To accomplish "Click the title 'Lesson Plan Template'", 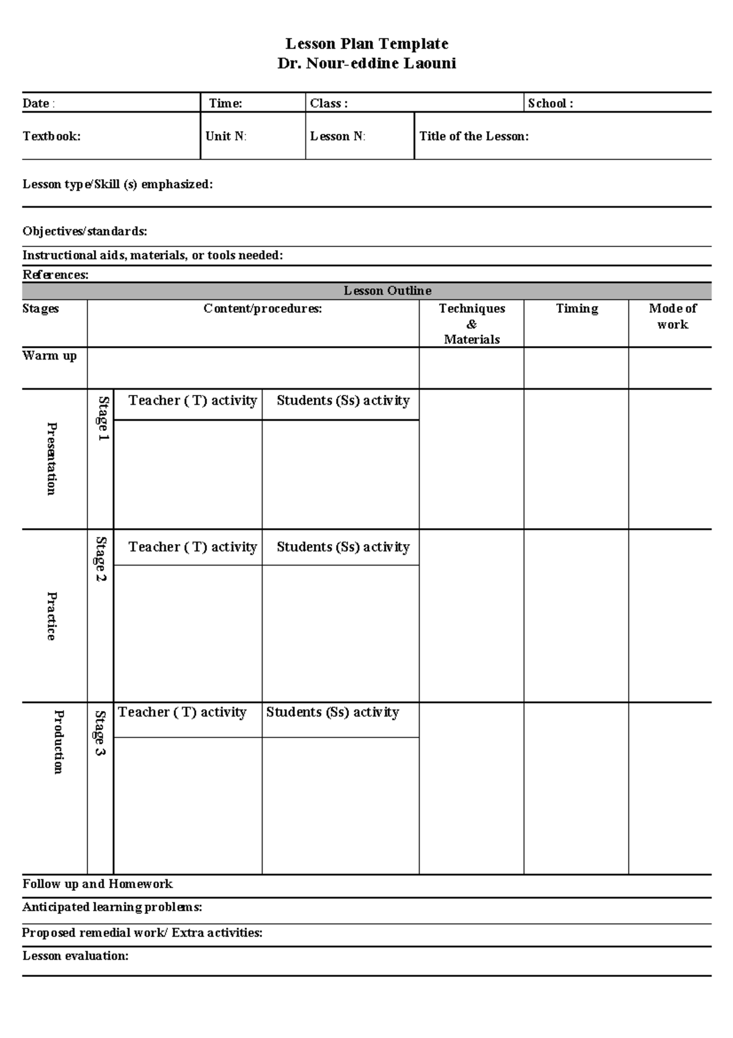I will point(366,44).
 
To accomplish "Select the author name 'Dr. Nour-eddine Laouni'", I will point(366,64).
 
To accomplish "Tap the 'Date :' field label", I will point(38,103).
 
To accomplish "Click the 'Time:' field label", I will point(225,103).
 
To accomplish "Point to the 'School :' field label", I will point(550,103).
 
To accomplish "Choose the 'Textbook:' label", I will point(51,136).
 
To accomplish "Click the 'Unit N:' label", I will point(226,136).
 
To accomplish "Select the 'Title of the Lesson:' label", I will point(473,136).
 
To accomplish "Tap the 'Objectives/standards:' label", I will point(84,231).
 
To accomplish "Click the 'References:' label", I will point(56,274).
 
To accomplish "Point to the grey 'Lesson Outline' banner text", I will point(387,291).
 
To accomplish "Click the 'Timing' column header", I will point(577,309).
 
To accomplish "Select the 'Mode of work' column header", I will point(673,316).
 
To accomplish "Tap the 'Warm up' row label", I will point(49,356).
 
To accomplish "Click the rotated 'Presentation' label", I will point(52,458).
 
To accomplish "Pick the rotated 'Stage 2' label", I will point(101,559).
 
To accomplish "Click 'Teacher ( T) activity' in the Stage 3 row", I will point(182,712).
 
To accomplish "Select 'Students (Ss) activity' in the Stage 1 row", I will point(343,400).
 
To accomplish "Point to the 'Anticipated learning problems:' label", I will point(112,907).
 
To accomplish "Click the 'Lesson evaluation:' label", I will point(75,955).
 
